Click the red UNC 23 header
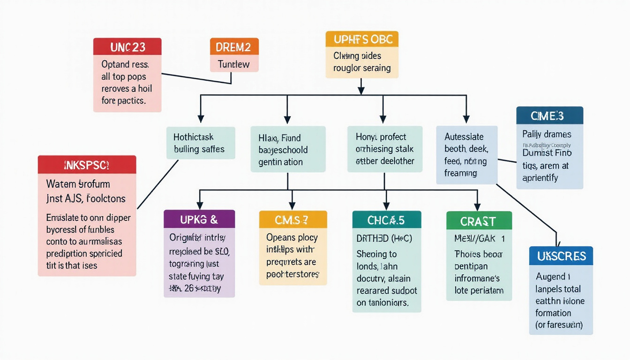click(127, 47)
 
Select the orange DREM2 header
click(234, 47)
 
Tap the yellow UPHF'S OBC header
click(361, 39)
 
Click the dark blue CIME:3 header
click(549, 115)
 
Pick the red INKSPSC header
click(87, 165)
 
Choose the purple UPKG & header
click(199, 219)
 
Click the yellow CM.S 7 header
click(292, 219)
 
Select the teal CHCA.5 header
click(386, 219)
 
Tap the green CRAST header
click(479, 220)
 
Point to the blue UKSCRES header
click(561, 256)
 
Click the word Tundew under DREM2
click(234, 64)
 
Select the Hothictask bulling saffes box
click(200, 143)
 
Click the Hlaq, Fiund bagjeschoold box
click(288, 150)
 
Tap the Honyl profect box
click(384, 149)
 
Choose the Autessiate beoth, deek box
click(466, 155)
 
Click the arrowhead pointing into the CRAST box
click(477, 206)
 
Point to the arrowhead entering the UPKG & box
click(200, 205)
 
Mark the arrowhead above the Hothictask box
click(201, 119)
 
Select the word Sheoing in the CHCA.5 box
click(376, 254)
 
